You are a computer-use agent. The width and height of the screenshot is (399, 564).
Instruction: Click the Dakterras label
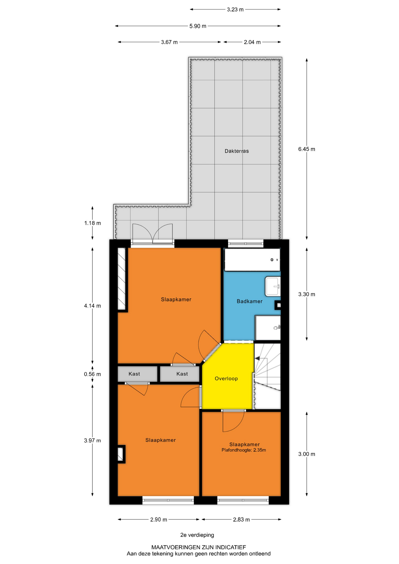[237, 151]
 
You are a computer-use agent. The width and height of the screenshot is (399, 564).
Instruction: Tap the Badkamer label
[249, 301]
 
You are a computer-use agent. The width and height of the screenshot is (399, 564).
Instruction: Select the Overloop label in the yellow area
[226, 379]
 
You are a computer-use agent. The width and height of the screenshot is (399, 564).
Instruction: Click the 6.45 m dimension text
[306, 149]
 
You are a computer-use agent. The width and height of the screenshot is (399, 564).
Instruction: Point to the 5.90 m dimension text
[198, 26]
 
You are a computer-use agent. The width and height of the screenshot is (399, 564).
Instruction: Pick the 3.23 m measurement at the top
[235, 10]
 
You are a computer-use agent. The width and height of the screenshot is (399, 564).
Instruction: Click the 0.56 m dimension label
[92, 374]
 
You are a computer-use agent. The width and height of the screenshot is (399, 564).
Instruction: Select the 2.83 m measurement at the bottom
[241, 520]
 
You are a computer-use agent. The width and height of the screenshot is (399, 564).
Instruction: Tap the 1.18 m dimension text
[93, 223]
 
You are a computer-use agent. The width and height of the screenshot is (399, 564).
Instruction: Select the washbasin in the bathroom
[273, 286]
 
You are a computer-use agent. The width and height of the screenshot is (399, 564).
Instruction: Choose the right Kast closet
[180, 374]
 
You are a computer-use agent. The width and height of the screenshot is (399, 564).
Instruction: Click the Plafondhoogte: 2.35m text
[244, 450]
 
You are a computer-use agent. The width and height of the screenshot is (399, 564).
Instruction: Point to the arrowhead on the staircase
[257, 359]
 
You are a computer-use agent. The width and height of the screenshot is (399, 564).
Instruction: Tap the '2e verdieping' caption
[197, 535]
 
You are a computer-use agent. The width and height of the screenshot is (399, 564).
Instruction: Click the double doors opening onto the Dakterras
[152, 234]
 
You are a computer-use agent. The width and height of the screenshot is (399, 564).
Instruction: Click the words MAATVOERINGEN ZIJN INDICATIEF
[199, 547]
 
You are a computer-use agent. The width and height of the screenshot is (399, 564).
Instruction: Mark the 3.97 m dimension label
[92, 441]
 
